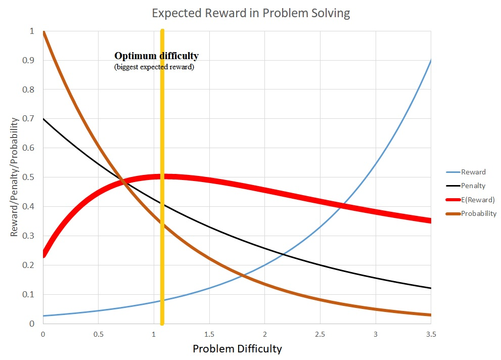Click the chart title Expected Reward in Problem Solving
(251, 14)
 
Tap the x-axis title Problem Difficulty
(237, 349)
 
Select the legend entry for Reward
(473, 172)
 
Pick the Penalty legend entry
(473, 186)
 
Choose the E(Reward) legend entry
(478, 200)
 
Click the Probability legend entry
(478, 213)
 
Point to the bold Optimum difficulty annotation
(156, 56)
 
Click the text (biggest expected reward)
(154, 67)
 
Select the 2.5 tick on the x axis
(320, 334)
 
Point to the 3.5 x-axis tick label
(430, 334)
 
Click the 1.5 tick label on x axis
(209, 334)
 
